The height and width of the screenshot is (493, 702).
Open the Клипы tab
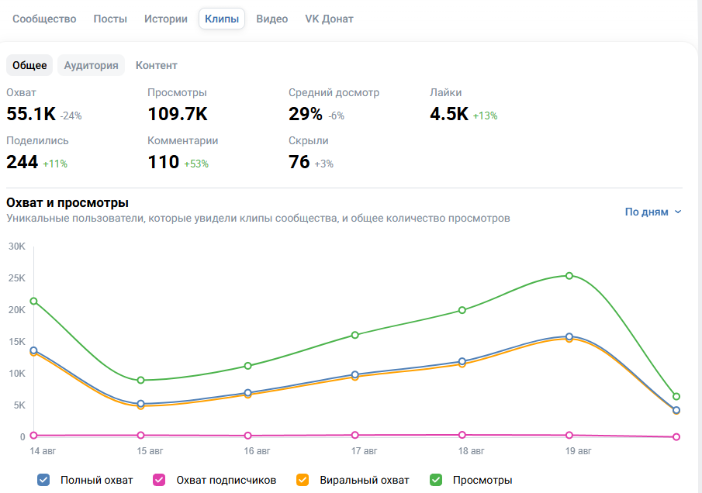[x=222, y=19]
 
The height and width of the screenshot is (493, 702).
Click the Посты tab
[x=110, y=19]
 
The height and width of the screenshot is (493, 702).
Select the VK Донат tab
[x=329, y=19]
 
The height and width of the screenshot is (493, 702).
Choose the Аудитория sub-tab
[x=91, y=65]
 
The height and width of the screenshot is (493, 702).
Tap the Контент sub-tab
[x=156, y=65]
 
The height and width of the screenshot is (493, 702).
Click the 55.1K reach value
[x=31, y=114]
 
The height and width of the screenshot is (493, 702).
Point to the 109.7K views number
[x=178, y=114]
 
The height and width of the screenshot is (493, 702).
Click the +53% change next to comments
[x=196, y=164]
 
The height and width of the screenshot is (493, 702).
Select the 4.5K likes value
[x=449, y=114]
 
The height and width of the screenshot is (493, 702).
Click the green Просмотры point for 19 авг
[x=569, y=276]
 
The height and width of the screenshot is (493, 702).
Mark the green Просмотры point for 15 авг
[x=140, y=381]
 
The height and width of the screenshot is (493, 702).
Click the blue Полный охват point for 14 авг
[x=33, y=350]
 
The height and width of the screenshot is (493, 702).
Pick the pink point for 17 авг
[x=355, y=435]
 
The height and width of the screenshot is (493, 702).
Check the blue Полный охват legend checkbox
[x=43, y=480]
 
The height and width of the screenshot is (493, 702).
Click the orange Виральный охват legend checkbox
[x=303, y=480]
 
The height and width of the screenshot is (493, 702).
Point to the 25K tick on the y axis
[x=17, y=278]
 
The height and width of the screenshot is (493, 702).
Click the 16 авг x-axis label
[x=257, y=451]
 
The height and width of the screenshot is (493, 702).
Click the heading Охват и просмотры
[x=67, y=202]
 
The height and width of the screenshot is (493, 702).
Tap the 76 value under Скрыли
[x=299, y=162]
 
